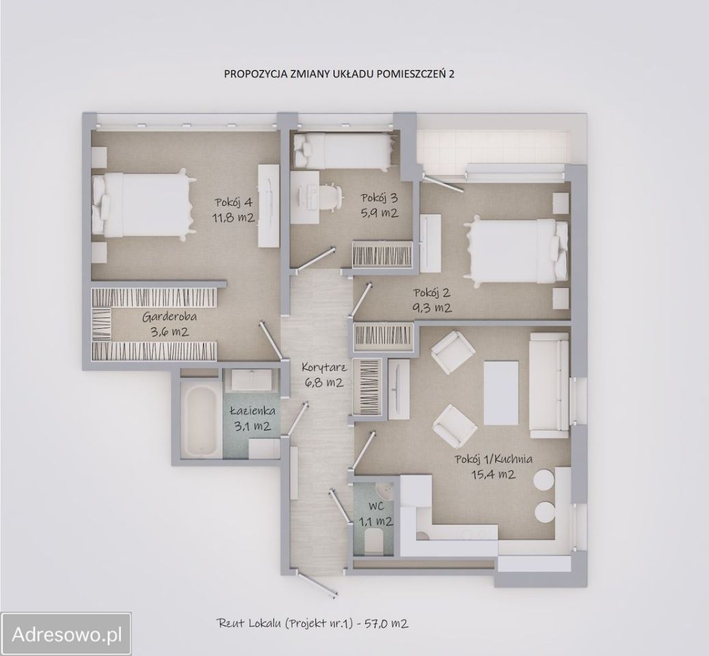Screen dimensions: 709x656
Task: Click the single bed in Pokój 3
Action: tap(343, 151)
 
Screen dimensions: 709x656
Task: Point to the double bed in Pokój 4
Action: tap(143, 204)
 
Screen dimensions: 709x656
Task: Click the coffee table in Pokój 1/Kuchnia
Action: tap(500, 392)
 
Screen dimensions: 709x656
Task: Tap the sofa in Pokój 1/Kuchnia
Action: tap(548, 385)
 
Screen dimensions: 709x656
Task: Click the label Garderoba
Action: tap(170, 316)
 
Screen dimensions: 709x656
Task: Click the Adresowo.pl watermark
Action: tap(66, 635)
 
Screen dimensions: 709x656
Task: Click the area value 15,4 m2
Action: tap(493, 474)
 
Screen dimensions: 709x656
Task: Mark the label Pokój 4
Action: tap(235, 202)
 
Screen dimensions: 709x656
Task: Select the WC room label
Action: tap(375, 507)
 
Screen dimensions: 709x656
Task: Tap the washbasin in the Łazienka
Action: tap(251, 379)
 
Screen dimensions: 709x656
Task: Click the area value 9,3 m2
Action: tap(432, 307)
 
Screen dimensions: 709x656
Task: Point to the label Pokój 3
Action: tap(379, 197)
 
